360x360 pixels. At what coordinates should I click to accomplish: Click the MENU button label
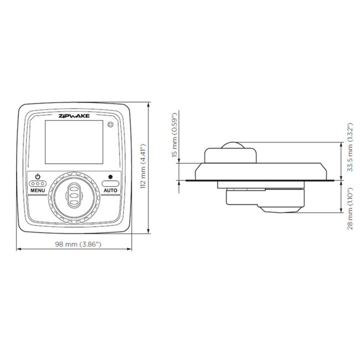(38, 190)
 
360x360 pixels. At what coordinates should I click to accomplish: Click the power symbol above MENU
(38, 177)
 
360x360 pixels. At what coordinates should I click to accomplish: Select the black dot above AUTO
(110, 177)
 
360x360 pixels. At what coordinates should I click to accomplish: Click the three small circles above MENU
(38, 183)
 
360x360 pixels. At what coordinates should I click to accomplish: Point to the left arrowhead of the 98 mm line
(18, 249)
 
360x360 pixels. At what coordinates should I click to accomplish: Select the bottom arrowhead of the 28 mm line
(340, 212)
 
